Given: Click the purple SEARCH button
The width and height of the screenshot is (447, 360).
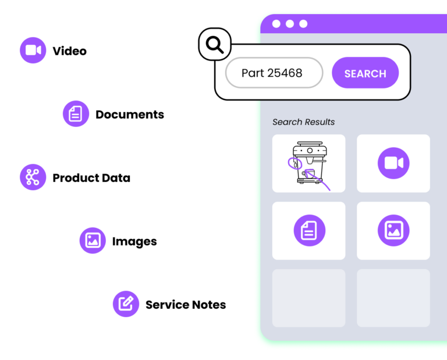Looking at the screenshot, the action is coord(365,73).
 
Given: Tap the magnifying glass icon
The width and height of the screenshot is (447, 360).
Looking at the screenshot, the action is coord(215,44).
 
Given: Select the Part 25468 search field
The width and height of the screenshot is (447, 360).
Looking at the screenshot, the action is coord(274,73).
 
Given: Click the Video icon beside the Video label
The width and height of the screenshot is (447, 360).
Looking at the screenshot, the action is coord(33,50).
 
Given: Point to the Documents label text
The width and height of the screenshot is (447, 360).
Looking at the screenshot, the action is coord(130,115).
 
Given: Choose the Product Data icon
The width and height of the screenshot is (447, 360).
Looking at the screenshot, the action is coord(33,177).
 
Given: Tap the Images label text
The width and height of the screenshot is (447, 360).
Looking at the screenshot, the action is coord(134,241).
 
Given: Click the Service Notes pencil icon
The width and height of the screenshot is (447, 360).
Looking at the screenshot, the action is coord(126,304).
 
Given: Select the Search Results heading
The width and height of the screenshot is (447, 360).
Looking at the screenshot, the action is coord(303,122).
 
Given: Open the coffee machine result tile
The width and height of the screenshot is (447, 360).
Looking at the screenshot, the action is coord(308,163).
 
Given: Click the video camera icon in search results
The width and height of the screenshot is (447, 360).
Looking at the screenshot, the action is coord(393,163).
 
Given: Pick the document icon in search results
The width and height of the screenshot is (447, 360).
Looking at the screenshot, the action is coord(309,230).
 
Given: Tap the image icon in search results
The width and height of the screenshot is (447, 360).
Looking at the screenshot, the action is coord(393,230).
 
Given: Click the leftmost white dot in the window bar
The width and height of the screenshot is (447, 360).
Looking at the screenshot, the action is coord(276,24).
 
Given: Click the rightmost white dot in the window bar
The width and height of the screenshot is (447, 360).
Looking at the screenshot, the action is coord(303,24).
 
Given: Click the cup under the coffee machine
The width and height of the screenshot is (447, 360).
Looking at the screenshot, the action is coord(308,173).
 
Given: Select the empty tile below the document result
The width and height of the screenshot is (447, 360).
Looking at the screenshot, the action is coord(308,298).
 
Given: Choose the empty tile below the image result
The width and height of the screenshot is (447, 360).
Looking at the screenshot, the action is coord(393,298).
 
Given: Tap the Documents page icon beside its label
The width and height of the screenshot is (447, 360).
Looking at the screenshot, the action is coord(76,113).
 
